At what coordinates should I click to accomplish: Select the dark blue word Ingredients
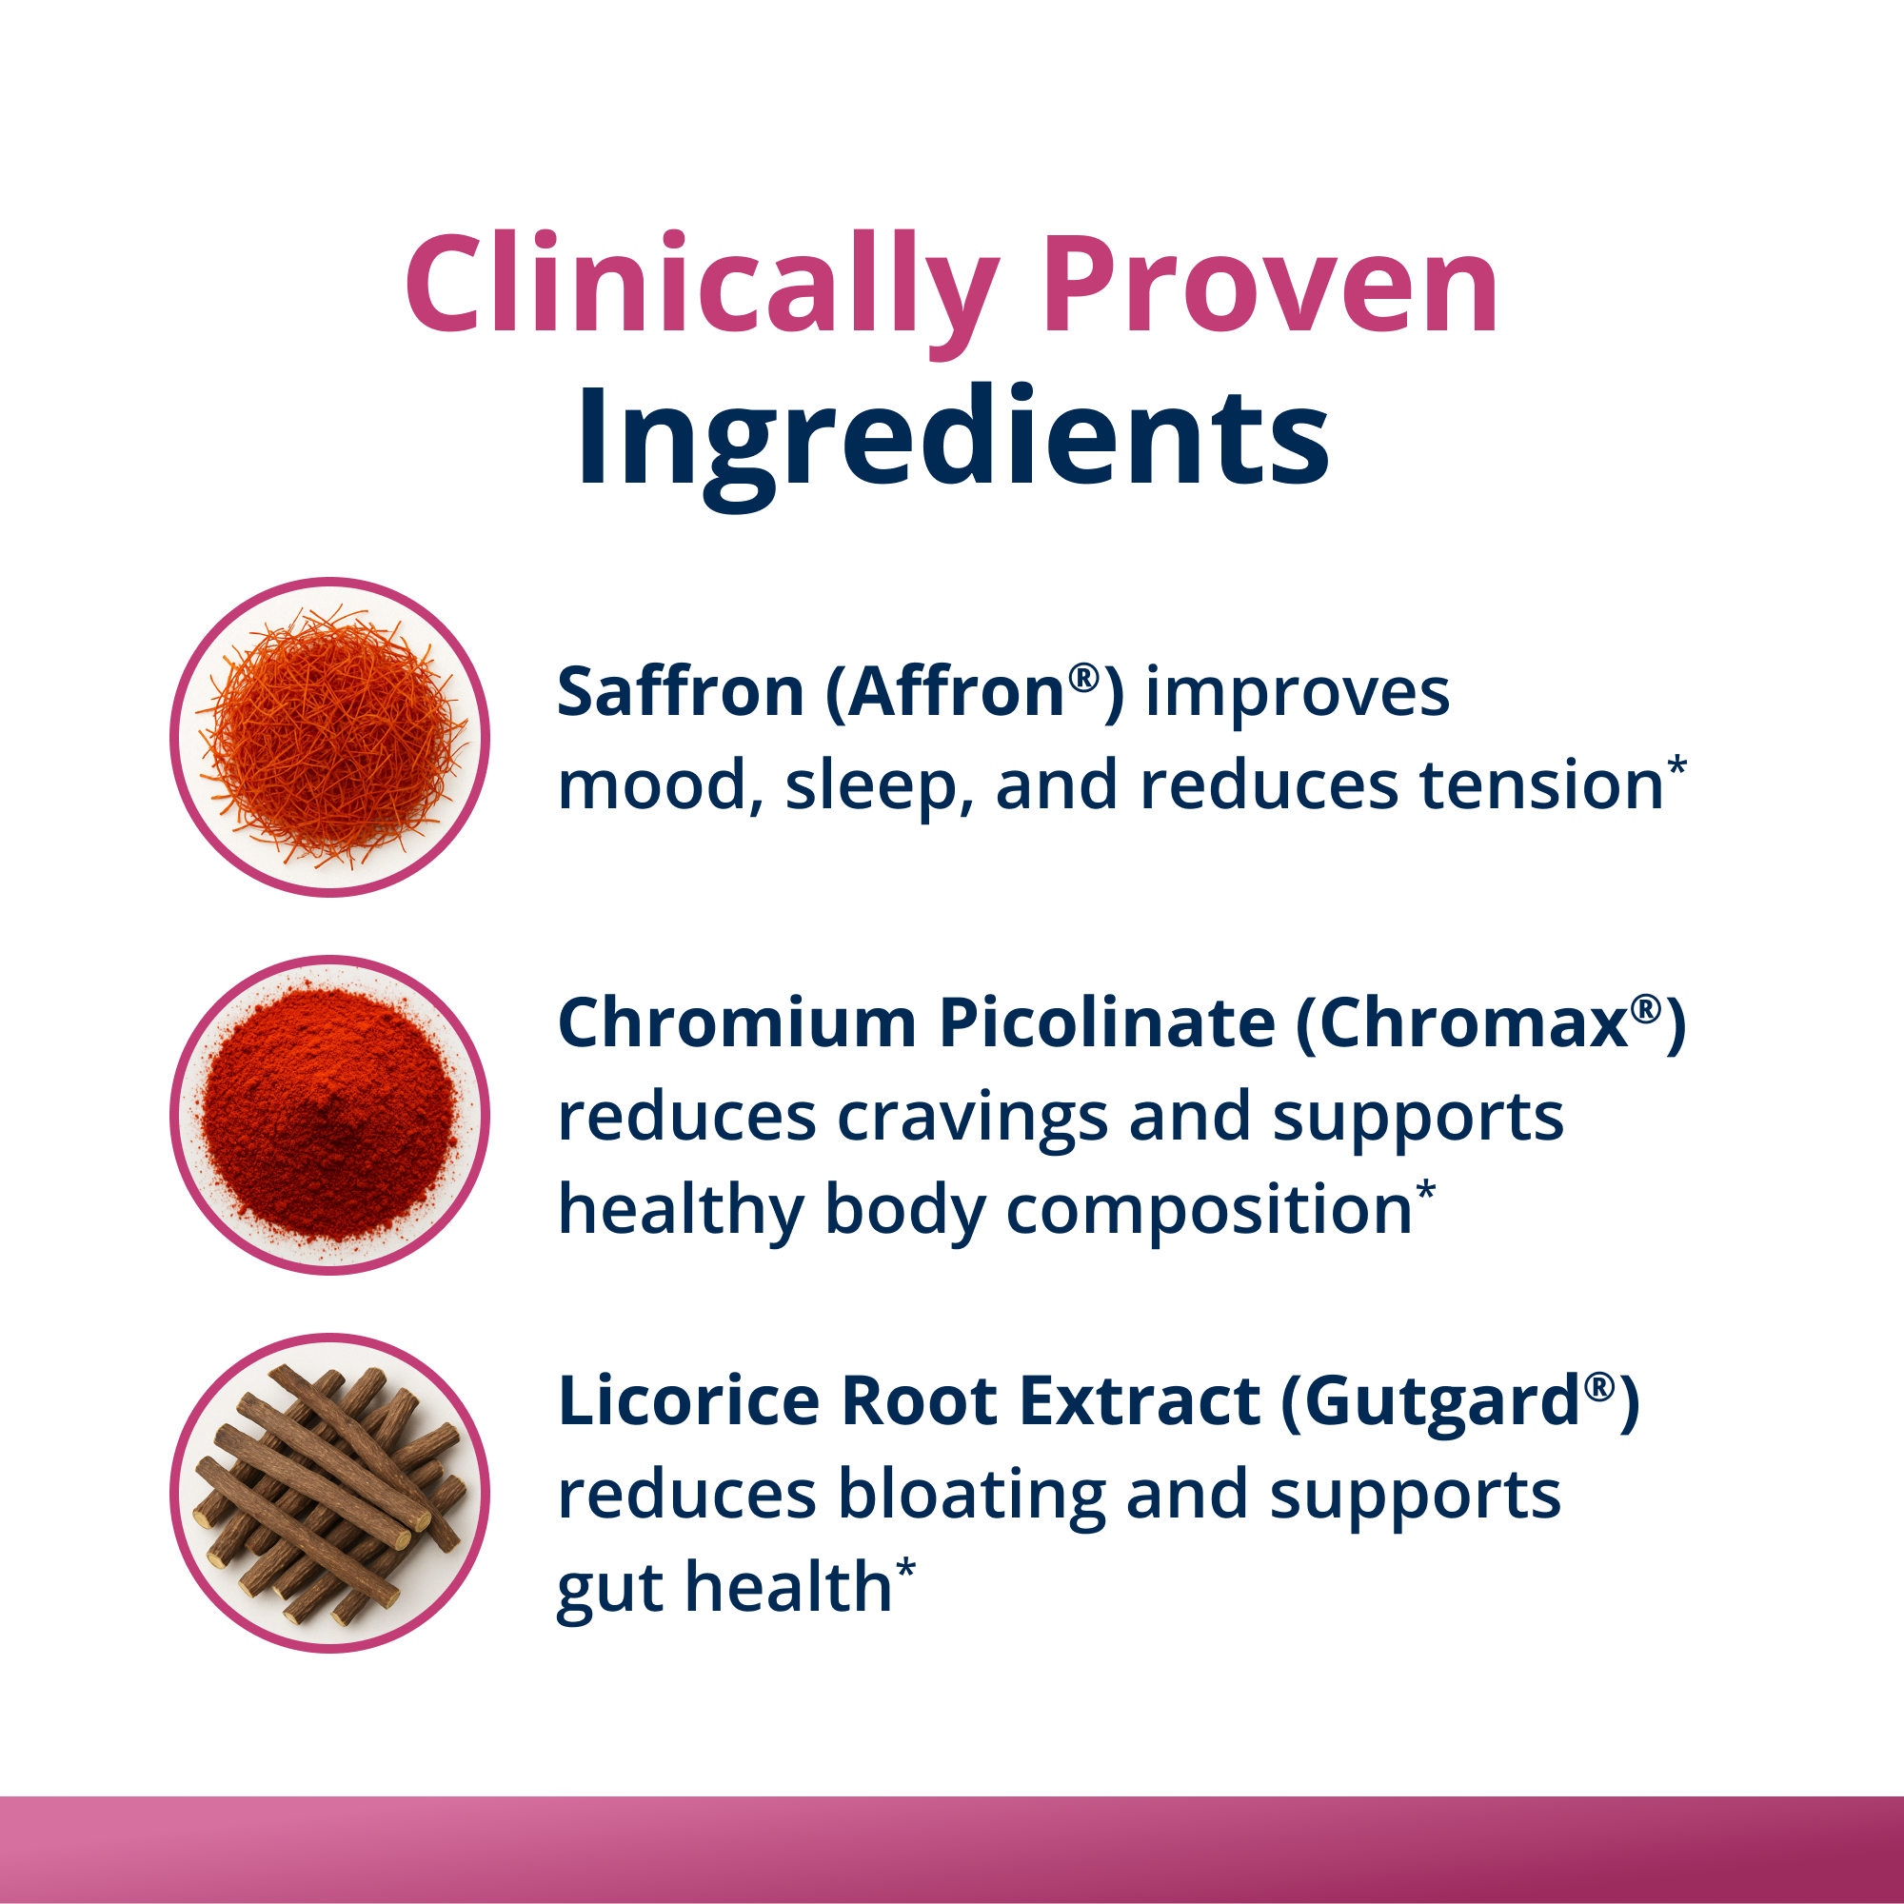pyautogui.click(x=952, y=439)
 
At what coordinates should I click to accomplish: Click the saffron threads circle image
pyautogui.click(x=330, y=737)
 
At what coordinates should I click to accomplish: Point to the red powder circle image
pyautogui.click(x=330, y=1115)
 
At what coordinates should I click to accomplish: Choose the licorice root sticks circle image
pyautogui.click(x=330, y=1493)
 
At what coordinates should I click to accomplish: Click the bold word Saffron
pyautogui.click(x=680, y=692)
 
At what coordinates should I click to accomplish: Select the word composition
pyautogui.click(x=1209, y=1210)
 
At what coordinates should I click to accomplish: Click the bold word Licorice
pyautogui.click(x=688, y=1400)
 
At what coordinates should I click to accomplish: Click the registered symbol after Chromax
pyautogui.click(x=1643, y=1007)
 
